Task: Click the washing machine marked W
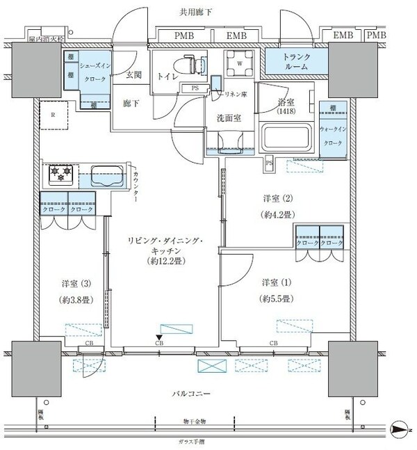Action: pyautogui.click(x=240, y=65)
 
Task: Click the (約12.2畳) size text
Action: pyautogui.click(x=163, y=262)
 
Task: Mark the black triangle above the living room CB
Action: pyautogui.click(x=159, y=337)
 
